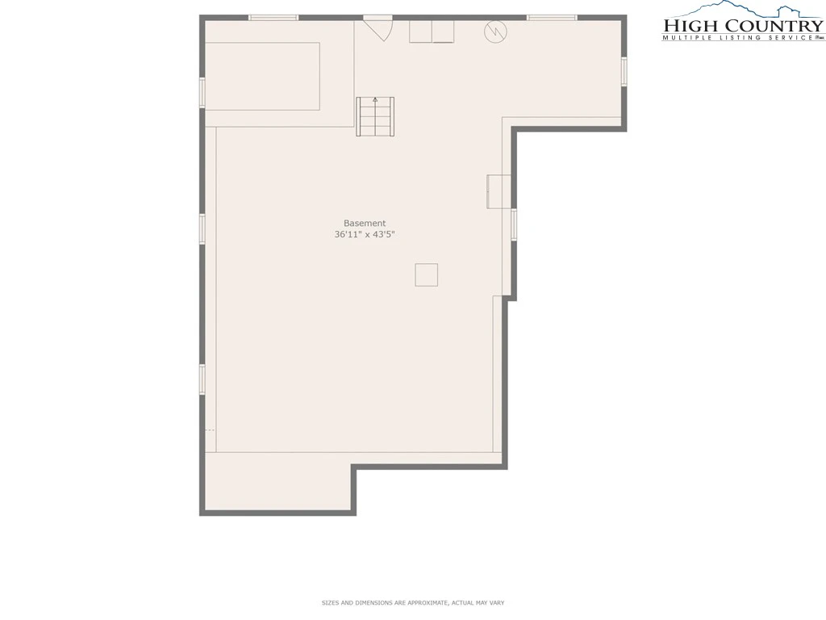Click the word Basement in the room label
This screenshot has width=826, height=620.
[x=365, y=223]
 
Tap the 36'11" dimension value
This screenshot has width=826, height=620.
[x=348, y=235]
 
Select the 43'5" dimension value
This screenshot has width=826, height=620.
[x=384, y=235]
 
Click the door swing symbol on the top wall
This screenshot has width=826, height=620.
[x=378, y=28]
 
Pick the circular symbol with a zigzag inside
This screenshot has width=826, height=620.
[x=496, y=31]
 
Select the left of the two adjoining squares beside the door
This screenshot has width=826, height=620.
[x=421, y=31]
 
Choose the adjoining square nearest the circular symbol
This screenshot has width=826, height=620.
[x=443, y=31]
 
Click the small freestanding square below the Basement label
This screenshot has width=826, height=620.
[x=426, y=275]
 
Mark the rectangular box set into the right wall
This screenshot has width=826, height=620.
[x=499, y=191]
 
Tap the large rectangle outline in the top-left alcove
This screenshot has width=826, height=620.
[x=262, y=77]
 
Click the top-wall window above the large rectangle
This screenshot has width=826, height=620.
[x=273, y=18]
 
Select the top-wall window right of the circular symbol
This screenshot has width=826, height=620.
[x=552, y=18]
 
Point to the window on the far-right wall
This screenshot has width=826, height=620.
[x=624, y=71]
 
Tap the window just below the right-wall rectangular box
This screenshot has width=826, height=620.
[x=514, y=224]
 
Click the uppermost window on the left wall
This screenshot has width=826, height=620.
[x=202, y=92]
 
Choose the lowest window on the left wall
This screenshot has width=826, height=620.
[x=202, y=379]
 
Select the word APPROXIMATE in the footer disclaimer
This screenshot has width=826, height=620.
[x=420, y=602]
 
